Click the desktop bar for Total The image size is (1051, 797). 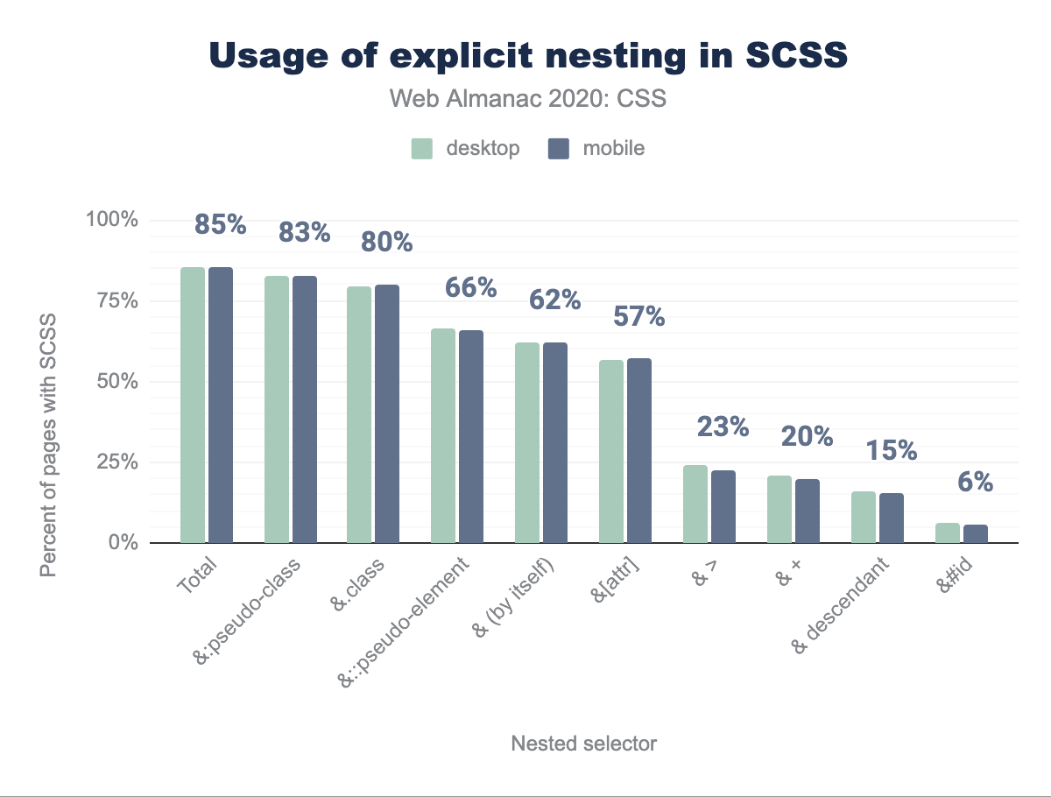193,405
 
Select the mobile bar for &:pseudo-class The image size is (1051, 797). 305,409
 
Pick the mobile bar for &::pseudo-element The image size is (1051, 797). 471,436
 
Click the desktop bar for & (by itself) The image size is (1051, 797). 527,442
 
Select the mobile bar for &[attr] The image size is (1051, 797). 639,450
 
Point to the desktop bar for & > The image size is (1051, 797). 695,504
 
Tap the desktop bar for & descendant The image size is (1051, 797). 864,517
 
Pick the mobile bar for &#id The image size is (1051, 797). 976,533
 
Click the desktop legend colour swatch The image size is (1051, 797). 423,149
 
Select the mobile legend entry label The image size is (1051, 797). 614,149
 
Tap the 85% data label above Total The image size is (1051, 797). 221,225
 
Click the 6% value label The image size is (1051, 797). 974,482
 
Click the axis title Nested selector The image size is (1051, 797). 583,744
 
